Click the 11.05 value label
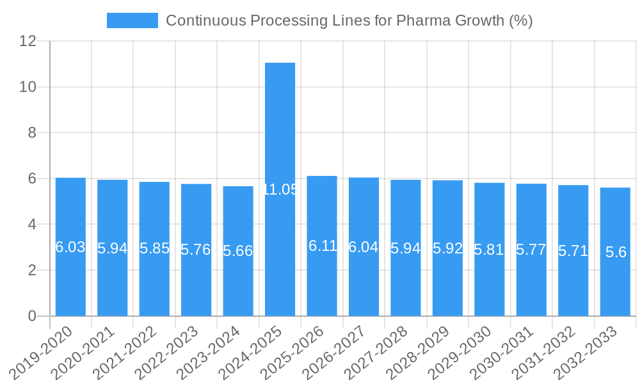click(280, 189)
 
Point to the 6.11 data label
click(323, 246)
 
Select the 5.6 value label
click(616, 252)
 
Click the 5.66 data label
click(238, 251)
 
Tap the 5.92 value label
click(447, 248)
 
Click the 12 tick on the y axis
click(28, 41)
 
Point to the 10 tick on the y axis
click(28, 87)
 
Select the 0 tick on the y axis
click(33, 316)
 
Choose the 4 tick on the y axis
click(33, 225)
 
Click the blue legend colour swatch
click(132, 20)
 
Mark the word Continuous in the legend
click(205, 20)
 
